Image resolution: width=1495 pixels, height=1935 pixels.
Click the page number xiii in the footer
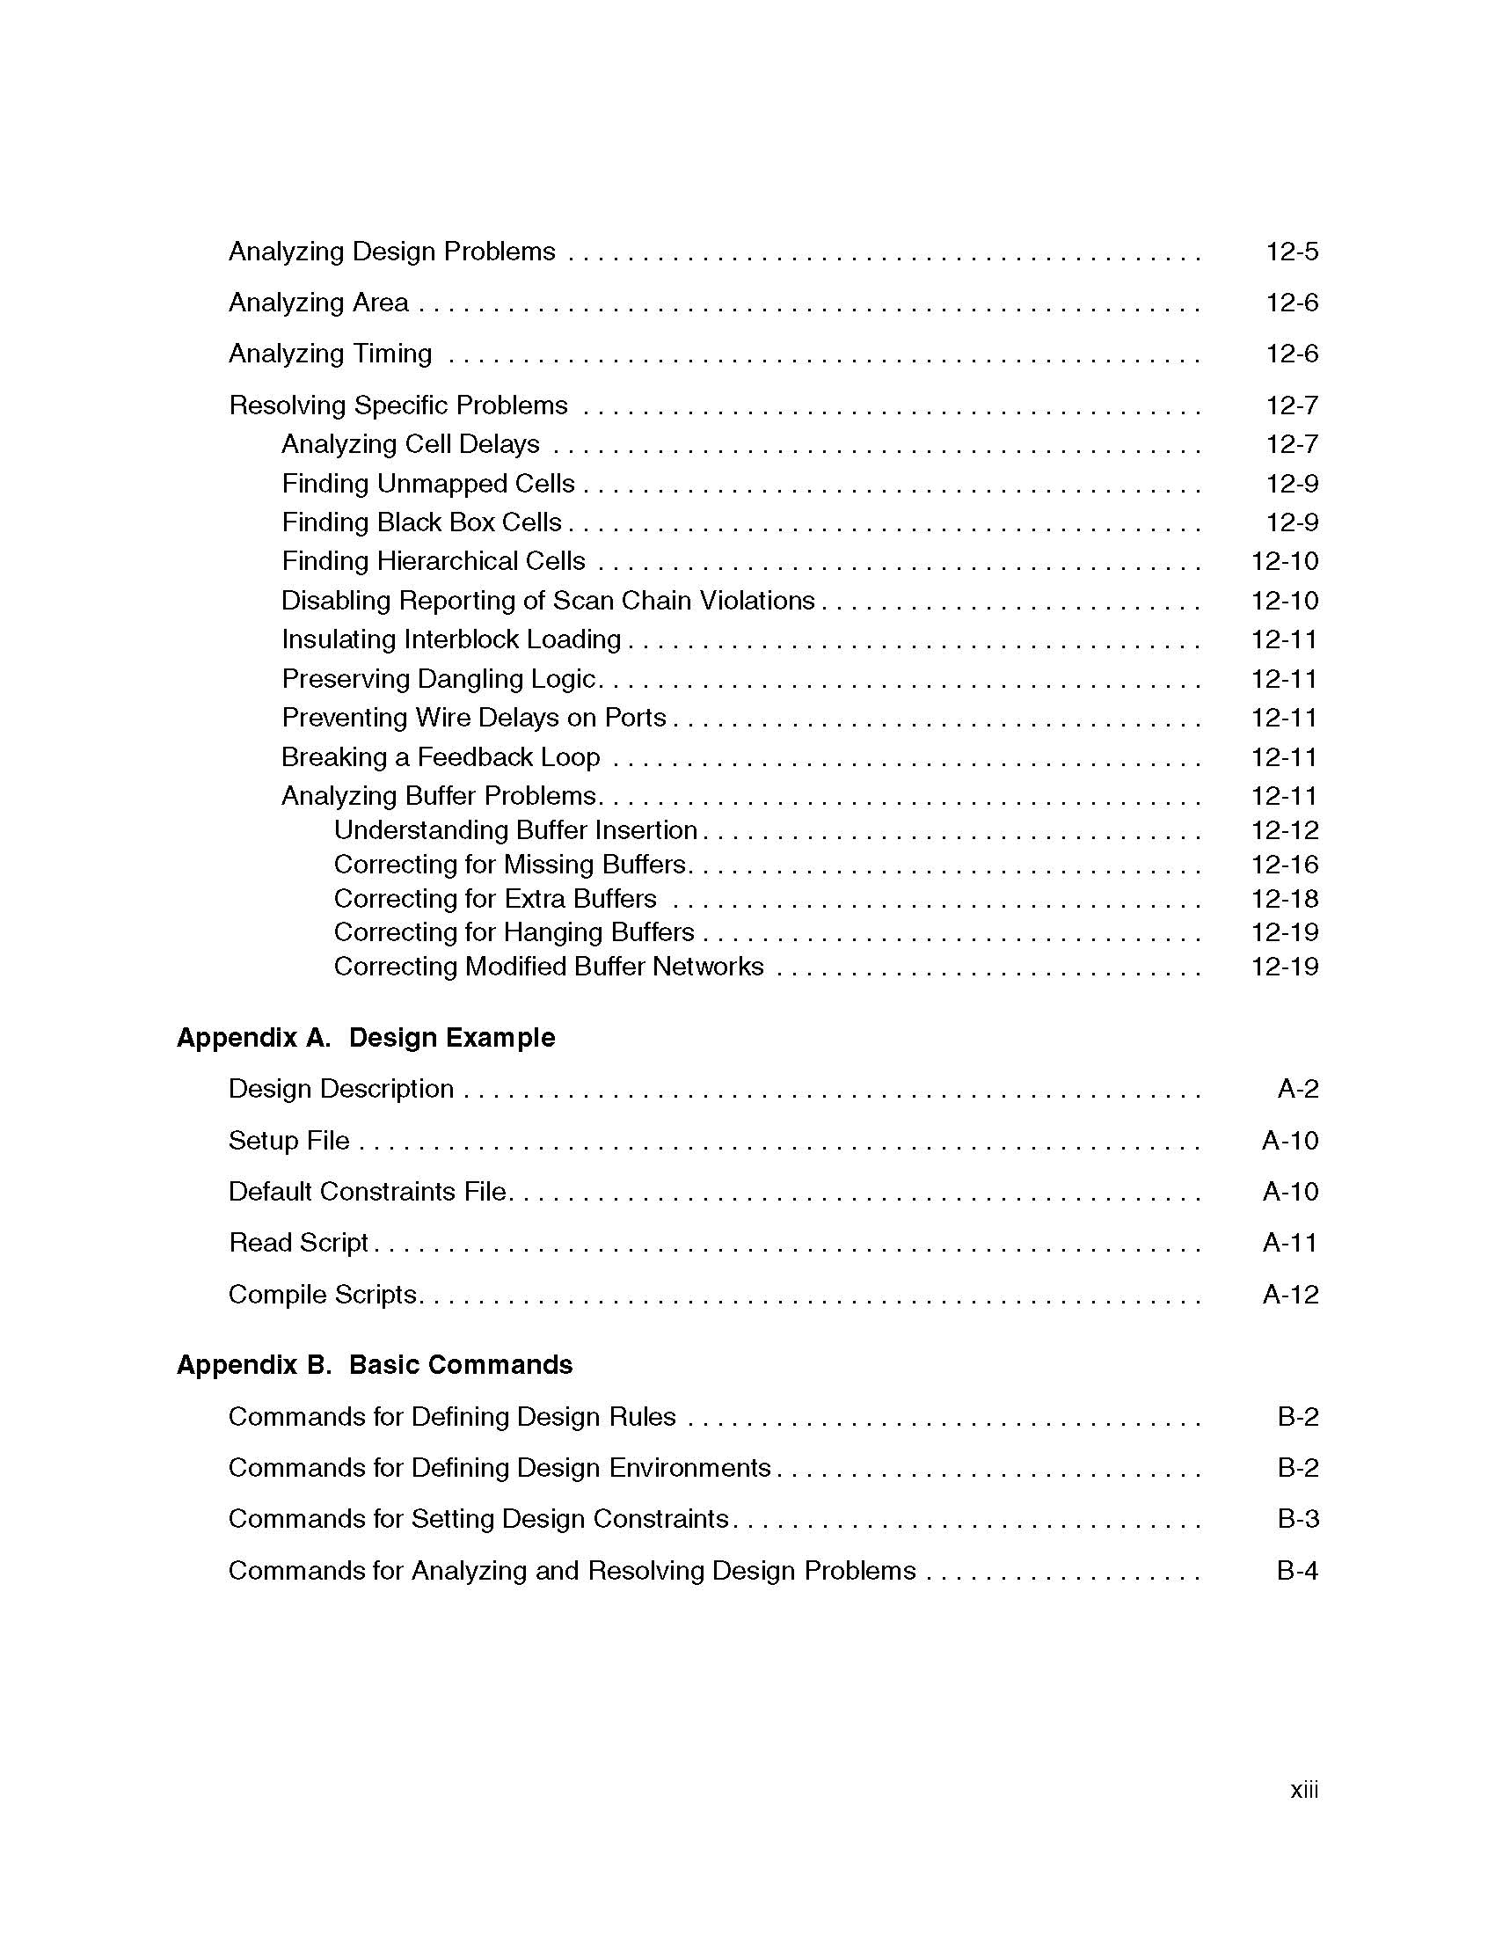1303,1791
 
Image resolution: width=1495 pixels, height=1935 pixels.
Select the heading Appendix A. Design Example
366,1038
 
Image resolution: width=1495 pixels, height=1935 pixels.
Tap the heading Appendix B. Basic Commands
375,1364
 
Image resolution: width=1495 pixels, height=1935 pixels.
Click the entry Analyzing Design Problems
391,252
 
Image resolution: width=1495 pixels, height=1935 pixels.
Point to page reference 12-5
1291,252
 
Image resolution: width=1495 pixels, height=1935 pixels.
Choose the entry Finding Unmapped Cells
427,484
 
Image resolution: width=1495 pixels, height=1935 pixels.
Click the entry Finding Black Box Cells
421,522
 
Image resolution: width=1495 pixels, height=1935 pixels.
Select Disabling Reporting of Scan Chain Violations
547,601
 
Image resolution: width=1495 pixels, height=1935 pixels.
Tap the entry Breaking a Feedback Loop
441,757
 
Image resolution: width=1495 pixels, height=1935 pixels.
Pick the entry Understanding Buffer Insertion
515,830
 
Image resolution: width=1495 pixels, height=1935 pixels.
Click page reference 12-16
1284,865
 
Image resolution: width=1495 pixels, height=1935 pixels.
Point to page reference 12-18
1284,899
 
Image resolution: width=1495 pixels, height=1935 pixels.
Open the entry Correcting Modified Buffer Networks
548,967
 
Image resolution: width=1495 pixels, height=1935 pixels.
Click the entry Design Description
341,1089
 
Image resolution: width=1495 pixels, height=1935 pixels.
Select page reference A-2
1297,1089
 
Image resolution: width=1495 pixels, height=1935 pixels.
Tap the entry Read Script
298,1243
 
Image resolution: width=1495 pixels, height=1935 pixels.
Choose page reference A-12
1289,1296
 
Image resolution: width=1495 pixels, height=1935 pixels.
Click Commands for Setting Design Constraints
478,1519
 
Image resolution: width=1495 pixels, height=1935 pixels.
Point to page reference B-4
1297,1571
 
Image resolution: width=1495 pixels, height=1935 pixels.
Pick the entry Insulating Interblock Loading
451,639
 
